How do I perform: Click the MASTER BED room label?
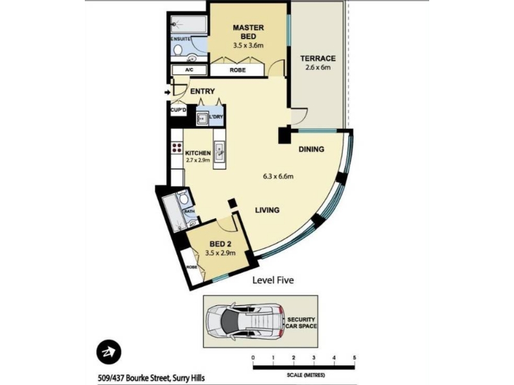pos(248,31)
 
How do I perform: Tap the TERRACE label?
pos(318,58)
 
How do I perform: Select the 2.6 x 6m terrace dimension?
pos(318,67)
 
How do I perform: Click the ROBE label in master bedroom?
pos(238,70)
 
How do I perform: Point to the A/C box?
pos(189,70)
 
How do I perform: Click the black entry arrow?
pos(168,92)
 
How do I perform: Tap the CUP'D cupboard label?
pos(179,110)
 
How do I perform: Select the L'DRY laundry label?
pos(216,117)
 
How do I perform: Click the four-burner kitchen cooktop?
pos(177,148)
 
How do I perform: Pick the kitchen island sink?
pos(219,153)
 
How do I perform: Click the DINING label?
pos(312,150)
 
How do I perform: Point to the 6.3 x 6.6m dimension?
pos(278,176)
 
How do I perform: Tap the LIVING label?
pos(267,210)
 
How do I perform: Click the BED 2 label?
pos(220,244)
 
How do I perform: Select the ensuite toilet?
pos(178,50)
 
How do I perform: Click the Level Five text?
pos(273,280)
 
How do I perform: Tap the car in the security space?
pos(245,321)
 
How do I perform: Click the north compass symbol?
pos(109,352)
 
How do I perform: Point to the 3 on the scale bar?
pos(314,358)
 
